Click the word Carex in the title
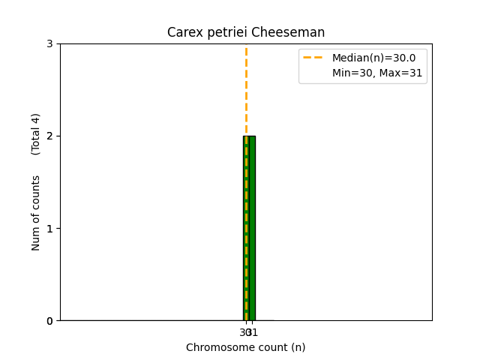coord(182,32)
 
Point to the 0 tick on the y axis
coord(50,321)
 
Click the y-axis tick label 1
coord(50,229)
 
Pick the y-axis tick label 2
coord(50,136)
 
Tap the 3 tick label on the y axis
coord(50,44)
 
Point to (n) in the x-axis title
coord(298,347)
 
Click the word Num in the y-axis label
coord(36,238)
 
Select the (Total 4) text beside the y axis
coord(36,134)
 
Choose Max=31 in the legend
coord(400,73)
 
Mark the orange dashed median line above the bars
coord(246,90)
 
